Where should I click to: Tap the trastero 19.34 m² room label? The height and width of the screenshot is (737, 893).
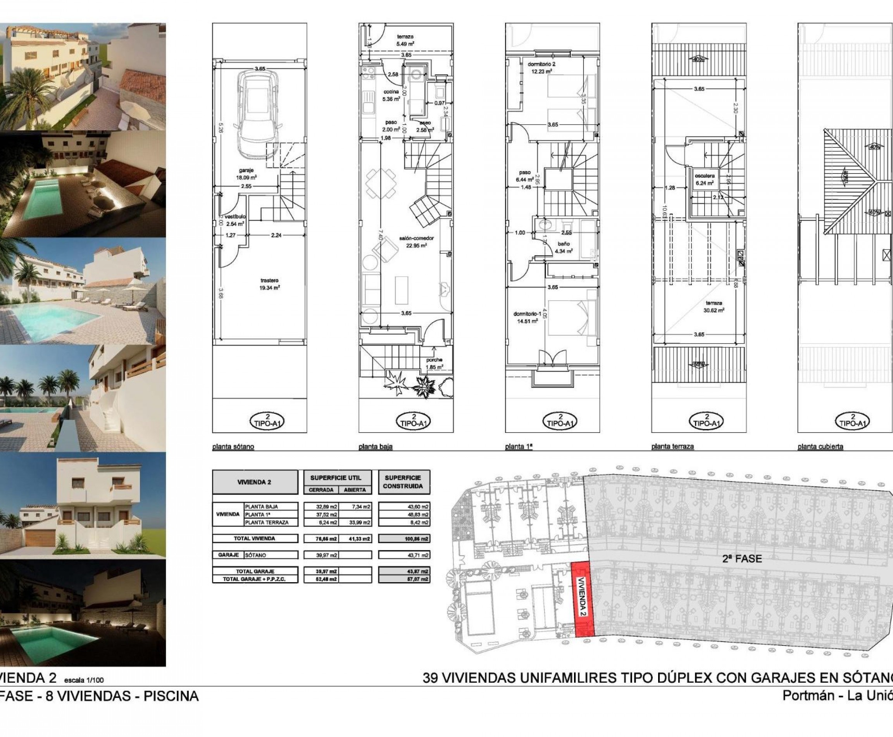(x=269, y=284)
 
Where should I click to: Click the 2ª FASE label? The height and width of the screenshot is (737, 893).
(x=742, y=559)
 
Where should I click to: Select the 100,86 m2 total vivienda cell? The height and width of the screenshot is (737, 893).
(x=404, y=539)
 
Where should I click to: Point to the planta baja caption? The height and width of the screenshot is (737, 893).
(x=375, y=446)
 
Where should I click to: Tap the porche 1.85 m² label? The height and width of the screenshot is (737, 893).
(x=434, y=363)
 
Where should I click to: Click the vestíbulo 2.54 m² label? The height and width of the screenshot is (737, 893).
(x=234, y=220)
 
